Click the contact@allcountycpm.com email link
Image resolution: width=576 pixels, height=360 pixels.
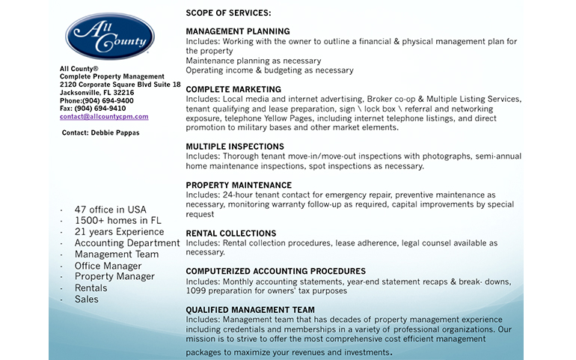click(x=104, y=117)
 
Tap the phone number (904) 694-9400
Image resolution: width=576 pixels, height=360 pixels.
click(x=108, y=100)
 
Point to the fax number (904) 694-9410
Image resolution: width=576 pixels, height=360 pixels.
click(x=105, y=109)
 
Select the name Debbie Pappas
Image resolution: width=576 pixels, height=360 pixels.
click(x=115, y=133)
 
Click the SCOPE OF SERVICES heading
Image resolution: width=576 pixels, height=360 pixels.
click(x=229, y=13)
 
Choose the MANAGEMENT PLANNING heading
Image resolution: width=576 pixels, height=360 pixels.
click(x=237, y=31)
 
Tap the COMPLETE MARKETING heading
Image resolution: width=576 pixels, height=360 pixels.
click(x=233, y=89)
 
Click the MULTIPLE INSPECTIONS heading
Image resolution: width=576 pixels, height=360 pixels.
click(x=235, y=147)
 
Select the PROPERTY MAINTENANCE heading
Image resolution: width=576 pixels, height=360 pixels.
click(x=239, y=185)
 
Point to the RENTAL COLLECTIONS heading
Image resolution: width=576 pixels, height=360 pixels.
click(x=231, y=234)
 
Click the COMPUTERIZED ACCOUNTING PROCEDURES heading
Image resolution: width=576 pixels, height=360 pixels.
click(x=276, y=272)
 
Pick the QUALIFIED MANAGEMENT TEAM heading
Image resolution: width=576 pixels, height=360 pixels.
click(x=251, y=310)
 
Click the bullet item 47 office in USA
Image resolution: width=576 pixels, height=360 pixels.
click(x=111, y=210)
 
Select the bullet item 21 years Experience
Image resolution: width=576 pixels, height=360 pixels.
click(x=119, y=232)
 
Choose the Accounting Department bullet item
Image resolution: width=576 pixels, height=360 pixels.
click(x=127, y=243)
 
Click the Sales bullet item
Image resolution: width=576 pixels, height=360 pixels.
click(x=86, y=299)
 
